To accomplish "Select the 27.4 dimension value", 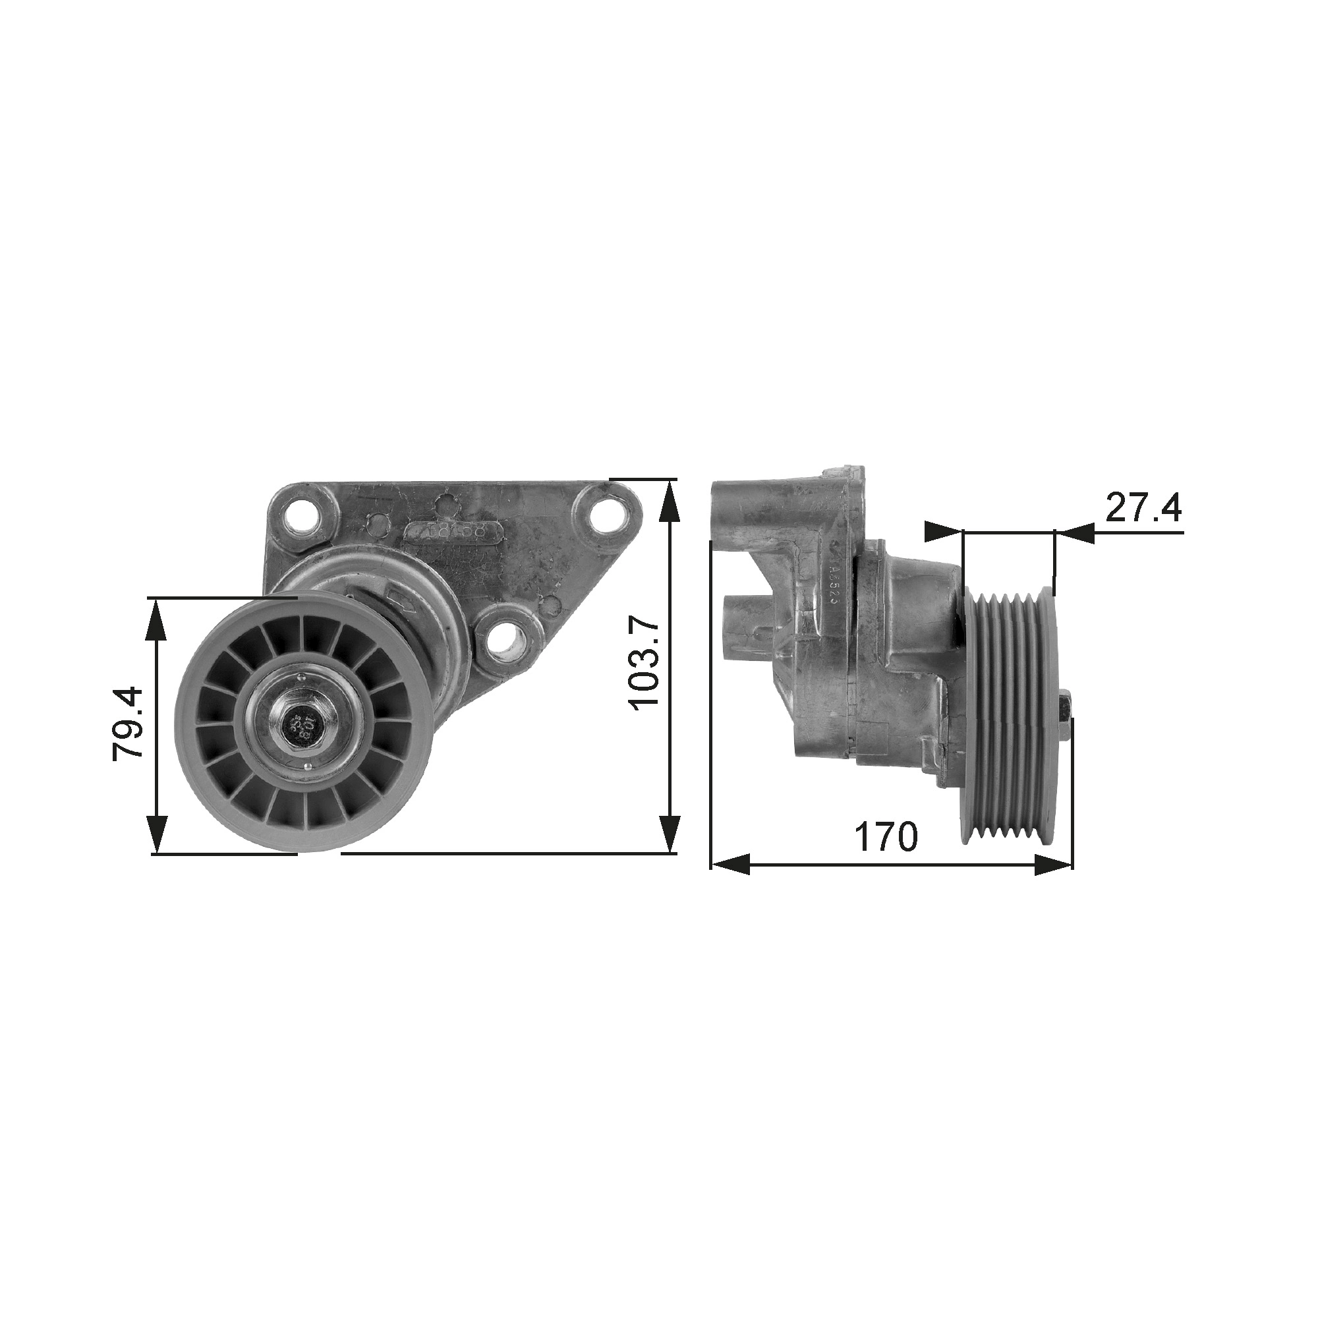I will pyautogui.click(x=1143, y=507).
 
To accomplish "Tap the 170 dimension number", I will pyautogui.click(x=886, y=836).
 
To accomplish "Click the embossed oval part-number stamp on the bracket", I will pyautogui.click(x=455, y=530).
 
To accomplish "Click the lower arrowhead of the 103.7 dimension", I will pyautogui.click(x=670, y=834).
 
